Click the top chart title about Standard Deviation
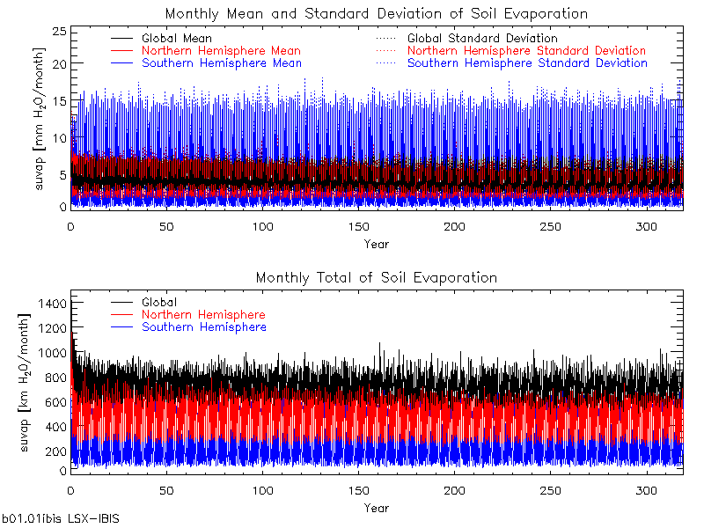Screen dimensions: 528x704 pyautogui.click(x=376, y=13)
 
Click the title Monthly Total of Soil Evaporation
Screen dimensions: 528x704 pyautogui.click(x=376, y=277)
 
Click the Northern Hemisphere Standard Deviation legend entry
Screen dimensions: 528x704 pyautogui.click(x=526, y=51)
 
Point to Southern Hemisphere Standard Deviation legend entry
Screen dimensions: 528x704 pyautogui.click(x=527, y=63)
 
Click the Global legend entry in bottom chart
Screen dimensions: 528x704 pyautogui.click(x=158, y=303)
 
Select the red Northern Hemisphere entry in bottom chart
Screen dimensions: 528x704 pyautogui.click(x=202, y=315)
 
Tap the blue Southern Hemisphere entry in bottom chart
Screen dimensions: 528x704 pyautogui.click(x=203, y=327)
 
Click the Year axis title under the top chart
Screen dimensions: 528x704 pyautogui.click(x=376, y=244)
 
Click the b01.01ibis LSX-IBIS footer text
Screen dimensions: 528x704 pyautogui.click(x=61, y=519)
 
